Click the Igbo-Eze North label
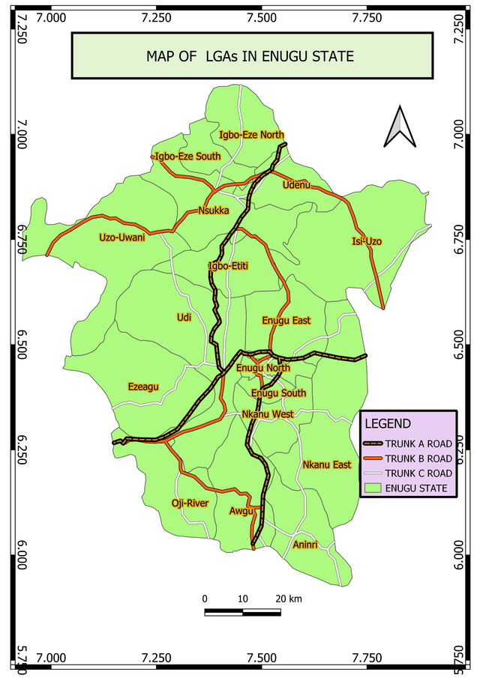click(x=251, y=136)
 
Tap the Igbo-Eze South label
click(x=187, y=157)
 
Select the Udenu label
click(x=295, y=185)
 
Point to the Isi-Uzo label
click(x=367, y=241)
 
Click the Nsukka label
click(x=213, y=211)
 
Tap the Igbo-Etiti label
click(x=229, y=266)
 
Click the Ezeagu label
click(x=144, y=387)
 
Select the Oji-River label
click(x=190, y=503)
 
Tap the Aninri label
click(x=306, y=545)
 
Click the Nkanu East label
click(x=327, y=465)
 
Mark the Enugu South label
click(x=278, y=393)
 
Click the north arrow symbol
click(x=400, y=127)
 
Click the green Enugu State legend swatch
click(x=373, y=488)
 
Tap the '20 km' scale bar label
click(x=289, y=599)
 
